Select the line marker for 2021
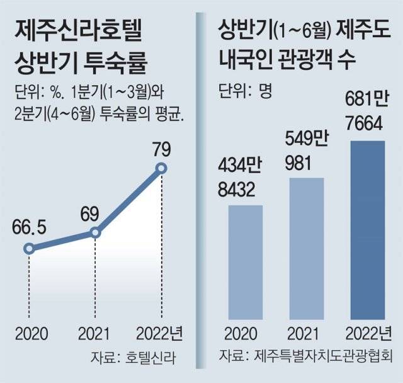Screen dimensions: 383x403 (x=95, y=232)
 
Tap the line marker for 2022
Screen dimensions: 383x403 (x=161, y=168)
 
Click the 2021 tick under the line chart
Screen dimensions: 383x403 (x=95, y=333)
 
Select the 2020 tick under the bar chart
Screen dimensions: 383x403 (x=245, y=333)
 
